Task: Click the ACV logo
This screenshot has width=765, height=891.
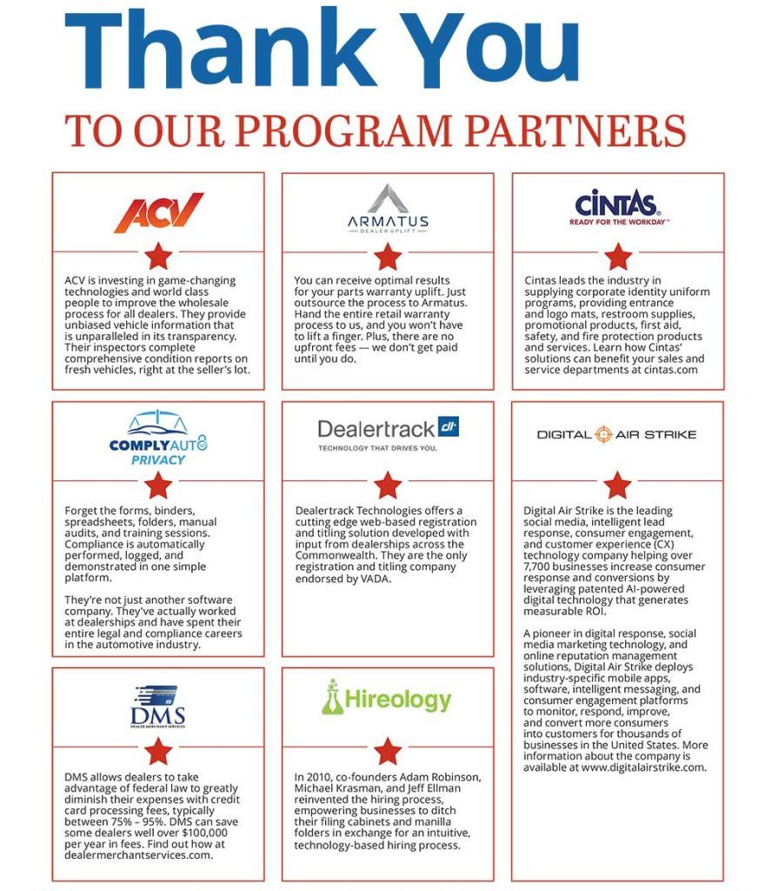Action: (158, 212)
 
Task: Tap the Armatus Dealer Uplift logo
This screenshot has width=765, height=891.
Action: (388, 207)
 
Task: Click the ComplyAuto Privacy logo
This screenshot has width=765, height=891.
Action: (158, 437)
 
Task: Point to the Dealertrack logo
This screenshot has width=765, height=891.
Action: (388, 432)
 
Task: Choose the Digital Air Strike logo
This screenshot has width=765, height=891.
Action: (616, 434)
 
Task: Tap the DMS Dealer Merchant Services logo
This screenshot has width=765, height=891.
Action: (158, 707)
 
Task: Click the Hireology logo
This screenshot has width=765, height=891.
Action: (388, 699)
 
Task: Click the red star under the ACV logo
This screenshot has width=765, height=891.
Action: (158, 256)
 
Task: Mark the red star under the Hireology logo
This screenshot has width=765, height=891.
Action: (388, 750)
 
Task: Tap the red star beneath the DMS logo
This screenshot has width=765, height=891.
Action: (158, 750)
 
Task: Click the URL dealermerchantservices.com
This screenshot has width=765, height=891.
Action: (138, 854)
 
